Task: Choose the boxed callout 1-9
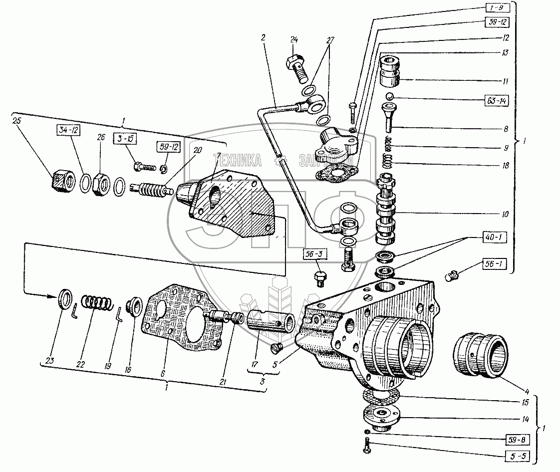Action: point(496,8)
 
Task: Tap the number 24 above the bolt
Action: point(293,40)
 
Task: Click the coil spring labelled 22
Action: point(96,304)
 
